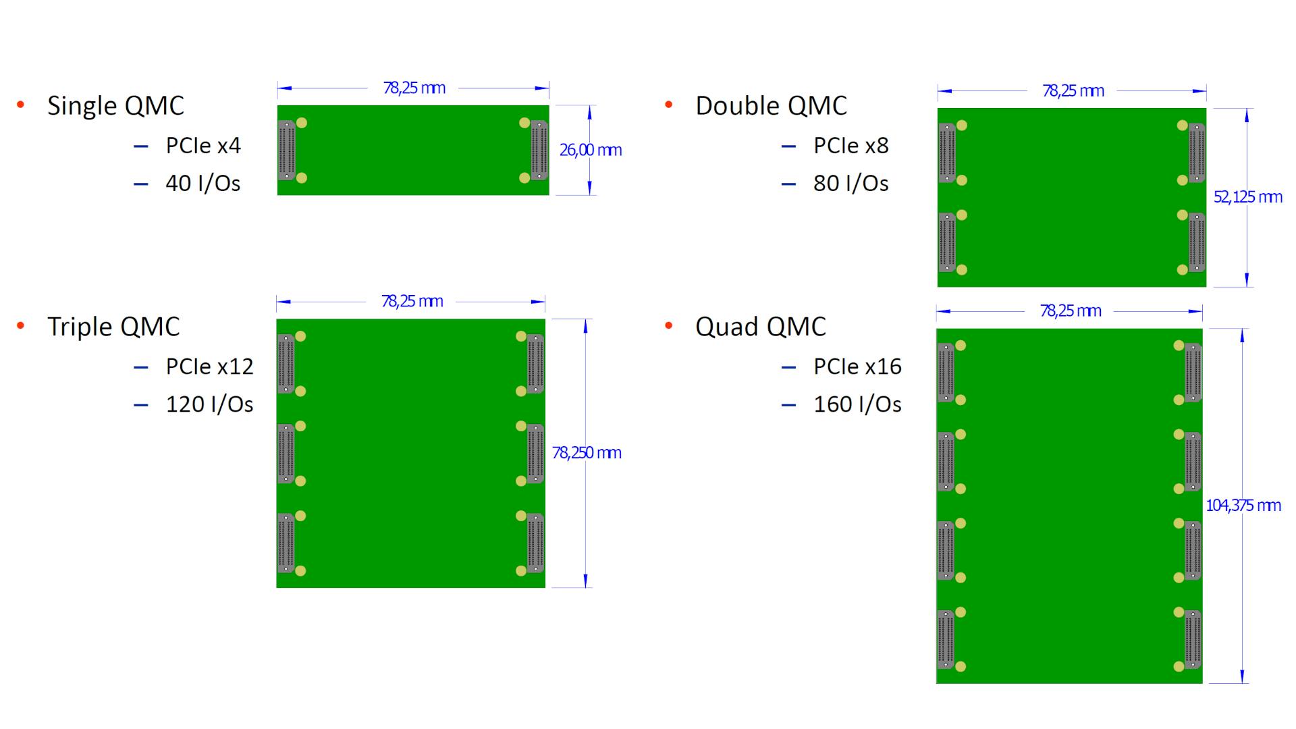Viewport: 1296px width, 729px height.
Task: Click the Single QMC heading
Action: click(115, 106)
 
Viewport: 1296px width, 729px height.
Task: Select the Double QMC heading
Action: click(771, 106)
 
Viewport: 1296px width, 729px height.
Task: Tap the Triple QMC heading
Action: click(113, 327)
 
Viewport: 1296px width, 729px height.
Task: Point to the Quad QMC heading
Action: click(761, 327)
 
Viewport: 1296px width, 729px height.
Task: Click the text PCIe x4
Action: click(203, 146)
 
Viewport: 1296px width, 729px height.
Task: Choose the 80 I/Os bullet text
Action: click(850, 184)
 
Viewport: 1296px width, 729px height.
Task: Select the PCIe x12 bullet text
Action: click(209, 367)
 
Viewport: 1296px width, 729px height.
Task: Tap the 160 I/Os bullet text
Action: click(857, 404)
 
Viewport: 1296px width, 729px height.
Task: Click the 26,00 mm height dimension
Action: click(591, 150)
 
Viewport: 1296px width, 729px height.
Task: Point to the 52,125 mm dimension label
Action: click(1247, 197)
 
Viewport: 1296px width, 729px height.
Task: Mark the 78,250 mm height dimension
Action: click(587, 452)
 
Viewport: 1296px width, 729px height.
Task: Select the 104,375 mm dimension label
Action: click(1243, 506)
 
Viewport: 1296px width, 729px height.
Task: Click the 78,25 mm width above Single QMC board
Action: click(414, 88)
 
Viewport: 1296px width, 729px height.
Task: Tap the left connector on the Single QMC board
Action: click(287, 150)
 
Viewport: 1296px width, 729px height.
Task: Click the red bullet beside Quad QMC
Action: click(669, 326)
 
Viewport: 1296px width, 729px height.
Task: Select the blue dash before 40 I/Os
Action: click(140, 184)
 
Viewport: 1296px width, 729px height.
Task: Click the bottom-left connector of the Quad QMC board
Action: click(946, 639)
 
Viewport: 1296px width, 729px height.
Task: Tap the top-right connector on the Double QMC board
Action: click(1196, 153)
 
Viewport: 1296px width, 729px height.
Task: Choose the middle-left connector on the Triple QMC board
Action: click(286, 454)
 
